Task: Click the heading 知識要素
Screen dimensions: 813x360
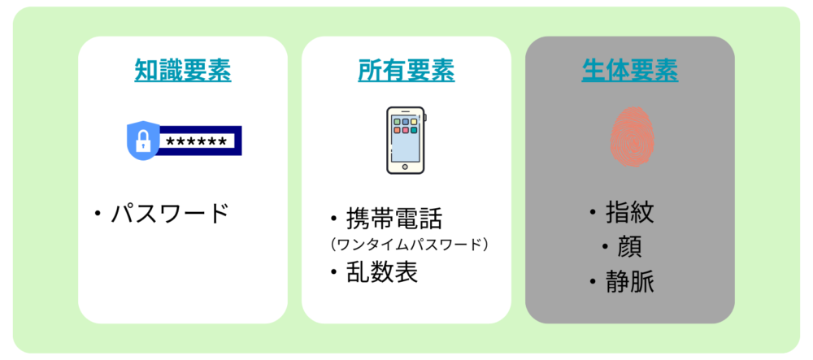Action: point(182,70)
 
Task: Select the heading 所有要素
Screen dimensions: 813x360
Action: point(406,70)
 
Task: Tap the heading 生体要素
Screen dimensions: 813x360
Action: point(629,70)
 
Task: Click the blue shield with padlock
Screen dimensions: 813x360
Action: point(142,141)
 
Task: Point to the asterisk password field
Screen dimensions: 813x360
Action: point(199,141)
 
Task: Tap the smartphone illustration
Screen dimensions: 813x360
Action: point(406,140)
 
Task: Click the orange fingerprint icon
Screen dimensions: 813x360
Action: point(632,137)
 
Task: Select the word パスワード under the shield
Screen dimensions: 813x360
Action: point(170,213)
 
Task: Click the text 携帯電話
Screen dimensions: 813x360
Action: point(394,219)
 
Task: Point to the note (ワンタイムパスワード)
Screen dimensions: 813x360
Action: point(409,245)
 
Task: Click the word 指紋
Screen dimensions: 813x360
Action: point(629,213)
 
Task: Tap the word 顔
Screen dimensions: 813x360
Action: point(629,248)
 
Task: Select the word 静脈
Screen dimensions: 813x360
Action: point(629,282)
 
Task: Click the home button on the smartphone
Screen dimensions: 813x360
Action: point(406,167)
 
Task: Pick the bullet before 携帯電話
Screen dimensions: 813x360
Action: point(334,219)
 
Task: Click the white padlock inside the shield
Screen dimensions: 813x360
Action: point(141,141)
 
